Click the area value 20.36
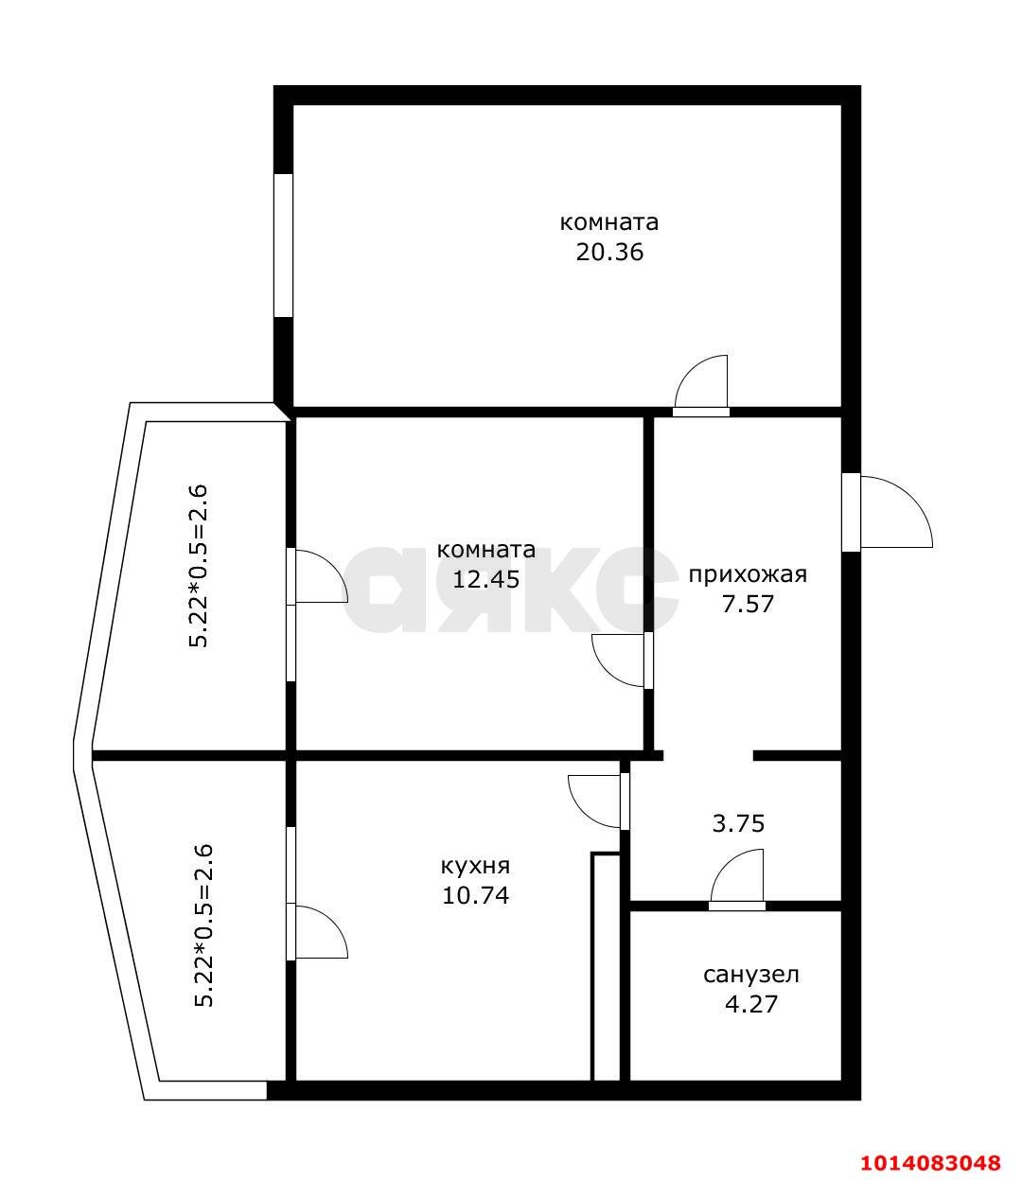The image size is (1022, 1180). [x=609, y=252]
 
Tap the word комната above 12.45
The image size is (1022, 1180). [x=486, y=550]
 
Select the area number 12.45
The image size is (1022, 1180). [x=486, y=579]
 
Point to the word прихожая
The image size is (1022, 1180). [x=748, y=575]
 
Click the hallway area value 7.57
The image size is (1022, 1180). [x=748, y=604]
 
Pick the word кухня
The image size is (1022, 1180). [x=476, y=866]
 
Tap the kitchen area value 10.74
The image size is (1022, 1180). [x=476, y=895]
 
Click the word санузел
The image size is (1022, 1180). [x=751, y=975]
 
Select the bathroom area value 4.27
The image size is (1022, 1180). [x=751, y=1004]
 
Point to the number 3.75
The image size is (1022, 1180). [x=738, y=824]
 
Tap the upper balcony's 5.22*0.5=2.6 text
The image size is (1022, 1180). [x=199, y=566]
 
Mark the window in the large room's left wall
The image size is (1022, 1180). [x=283, y=245]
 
